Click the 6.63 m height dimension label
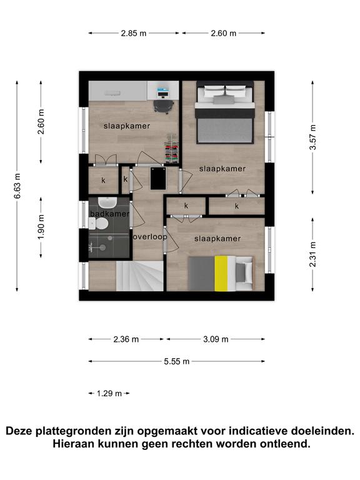(17, 186)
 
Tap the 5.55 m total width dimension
(177, 361)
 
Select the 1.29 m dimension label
(109, 393)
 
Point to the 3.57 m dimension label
(312, 137)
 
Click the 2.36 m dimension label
(126, 339)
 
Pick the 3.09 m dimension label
(216, 339)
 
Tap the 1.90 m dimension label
(41, 227)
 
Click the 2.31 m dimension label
(312, 254)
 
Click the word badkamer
(109, 214)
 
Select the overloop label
(150, 237)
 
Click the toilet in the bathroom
(99, 224)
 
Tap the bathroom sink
(107, 202)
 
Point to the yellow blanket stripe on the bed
(221, 273)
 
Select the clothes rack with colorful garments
(171, 149)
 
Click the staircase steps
(139, 276)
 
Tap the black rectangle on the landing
(158, 179)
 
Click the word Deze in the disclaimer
(19, 431)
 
